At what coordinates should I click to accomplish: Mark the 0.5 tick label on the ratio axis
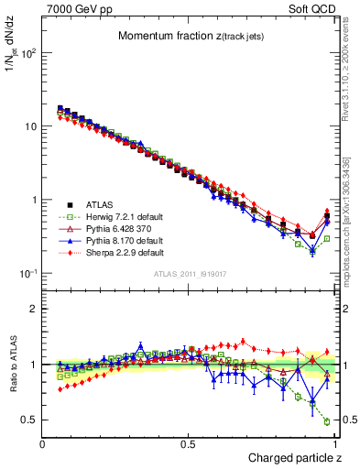(x=30, y=420)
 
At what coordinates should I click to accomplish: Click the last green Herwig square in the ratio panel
(x=327, y=421)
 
